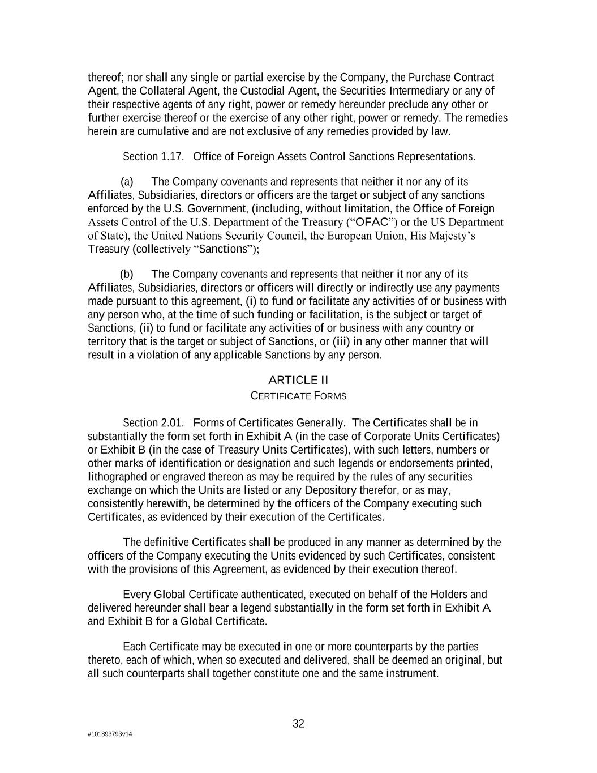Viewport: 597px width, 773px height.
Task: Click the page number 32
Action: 298,724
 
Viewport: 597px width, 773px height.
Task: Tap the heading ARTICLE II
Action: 298,380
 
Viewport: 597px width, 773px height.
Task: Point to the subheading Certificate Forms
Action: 298,396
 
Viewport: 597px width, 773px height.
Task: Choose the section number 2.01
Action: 172,423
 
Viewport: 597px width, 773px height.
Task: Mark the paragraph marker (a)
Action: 127,182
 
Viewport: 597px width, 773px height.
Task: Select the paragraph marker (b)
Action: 127,275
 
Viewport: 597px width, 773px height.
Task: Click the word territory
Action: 106,341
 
